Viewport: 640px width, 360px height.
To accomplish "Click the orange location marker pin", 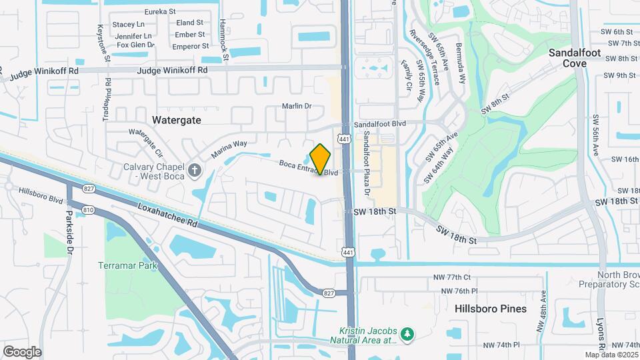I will tap(321, 159).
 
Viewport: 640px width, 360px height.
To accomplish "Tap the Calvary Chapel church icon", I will tap(195, 171).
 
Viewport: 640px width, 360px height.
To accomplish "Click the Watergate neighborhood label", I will tap(176, 120).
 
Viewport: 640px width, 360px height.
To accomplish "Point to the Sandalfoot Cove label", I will tap(575, 58).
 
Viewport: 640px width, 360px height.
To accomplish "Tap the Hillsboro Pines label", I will tap(491, 309).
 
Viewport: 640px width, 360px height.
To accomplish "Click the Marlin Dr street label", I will tap(297, 106).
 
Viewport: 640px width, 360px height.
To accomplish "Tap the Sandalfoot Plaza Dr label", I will tap(367, 162).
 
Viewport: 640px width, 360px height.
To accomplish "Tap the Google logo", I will tap(22, 352).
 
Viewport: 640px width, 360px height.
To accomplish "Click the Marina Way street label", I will tap(229, 148).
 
